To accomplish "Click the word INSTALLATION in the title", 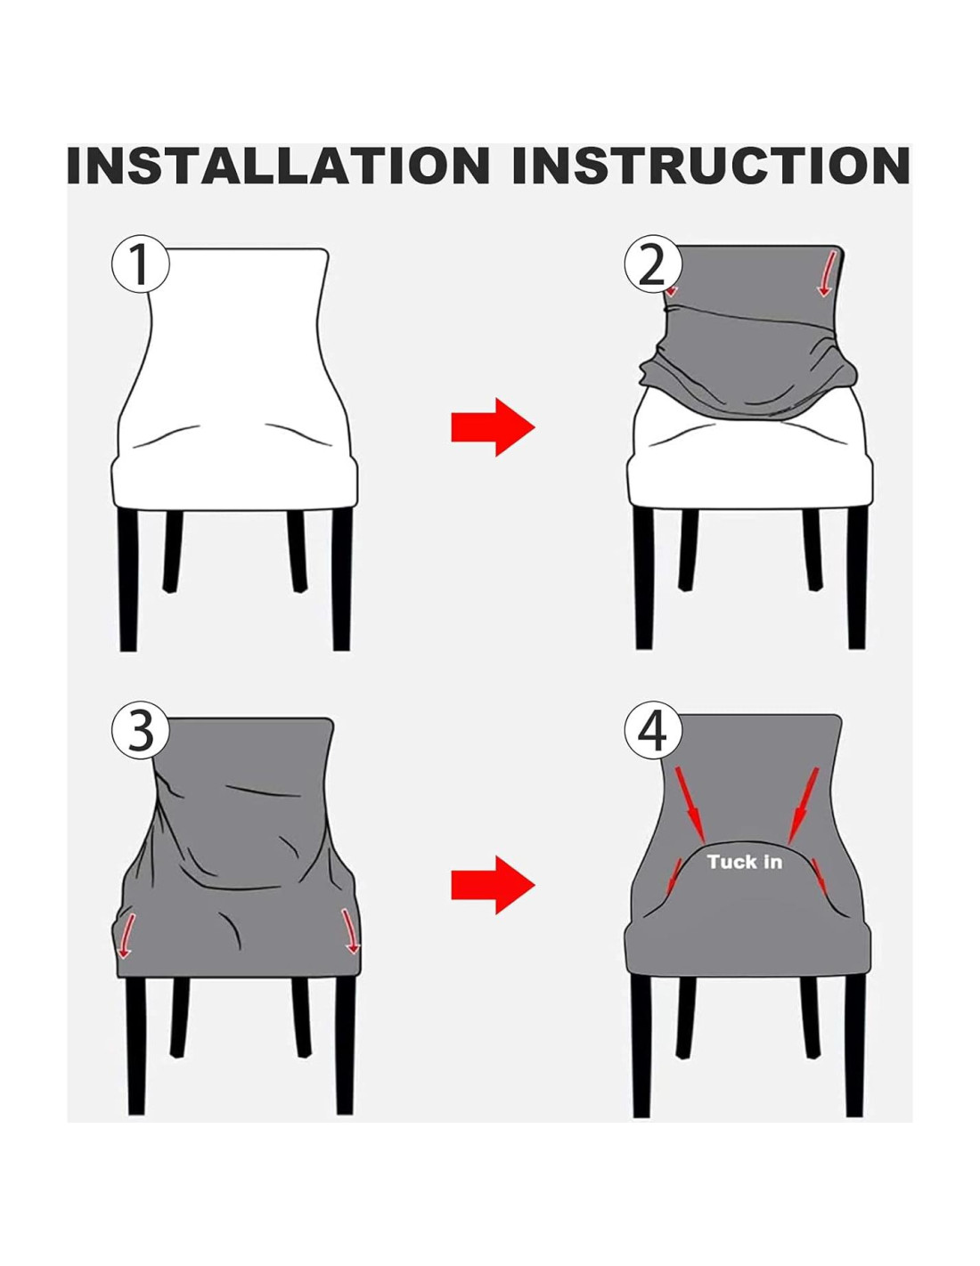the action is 278,166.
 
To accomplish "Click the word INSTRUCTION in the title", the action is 711,166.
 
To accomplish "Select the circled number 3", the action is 140,732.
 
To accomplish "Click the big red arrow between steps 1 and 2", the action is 493,427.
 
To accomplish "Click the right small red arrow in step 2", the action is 828,274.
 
